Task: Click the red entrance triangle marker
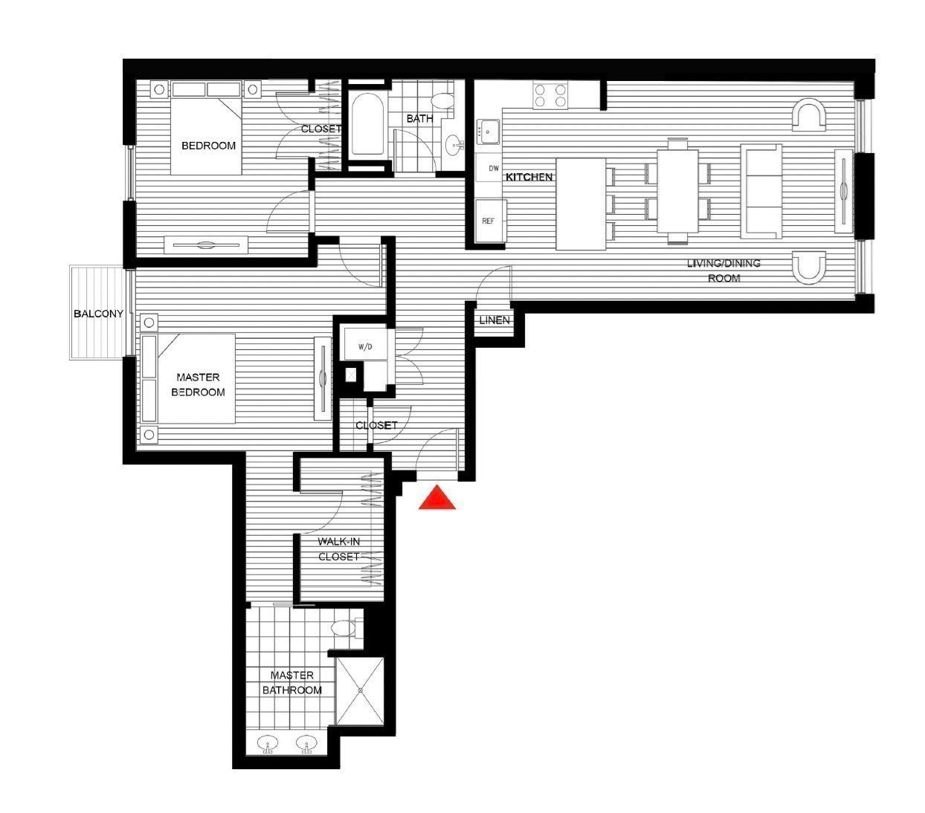pyautogui.click(x=436, y=498)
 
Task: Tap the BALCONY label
pyautogui.click(x=98, y=314)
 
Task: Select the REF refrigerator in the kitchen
pyautogui.click(x=490, y=221)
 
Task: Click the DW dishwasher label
pyautogui.click(x=494, y=169)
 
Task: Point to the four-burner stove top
pyautogui.click(x=549, y=96)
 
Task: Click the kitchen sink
pyautogui.click(x=488, y=132)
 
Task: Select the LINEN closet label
pyautogui.click(x=494, y=321)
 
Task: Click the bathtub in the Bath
pyautogui.click(x=367, y=124)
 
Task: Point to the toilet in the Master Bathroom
pyautogui.click(x=346, y=629)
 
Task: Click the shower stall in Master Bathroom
pyautogui.click(x=360, y=690)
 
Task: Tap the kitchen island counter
pyautogui.click(x=580, y=204)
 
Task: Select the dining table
pyautogui.click(x=677, y=191)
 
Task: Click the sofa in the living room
pyautogui.click(x=761, y=192)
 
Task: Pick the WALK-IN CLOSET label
pyautogui.click(x=339, y=549)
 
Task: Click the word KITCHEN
pyautogui.click(x=529, y=177)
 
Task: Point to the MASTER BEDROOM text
pyautogui.click(x=198, y=385)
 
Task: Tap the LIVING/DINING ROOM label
pyautogui.click(x=723, y=271)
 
